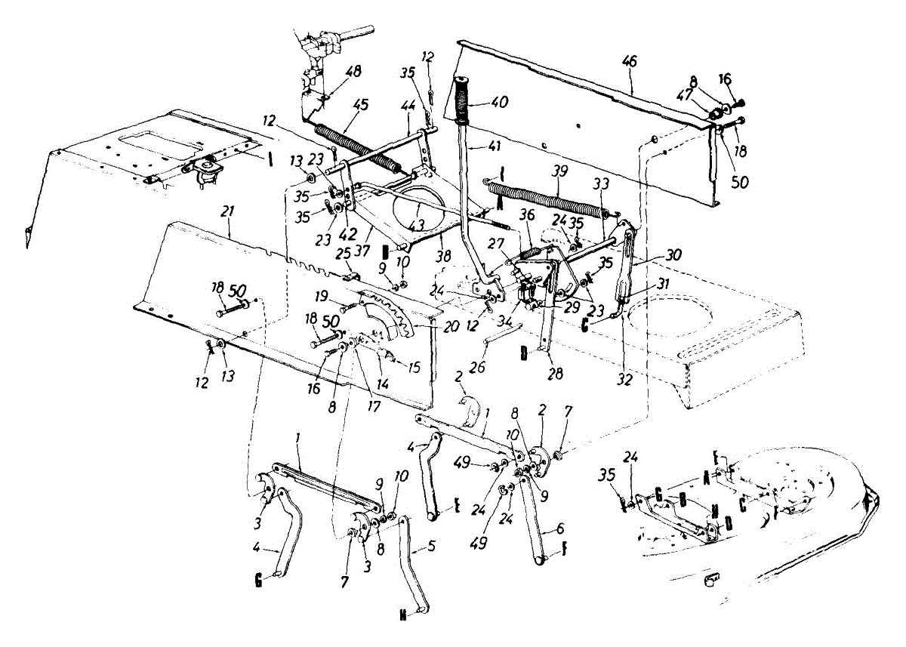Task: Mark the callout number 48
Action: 353,72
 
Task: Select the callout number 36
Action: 527,215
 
